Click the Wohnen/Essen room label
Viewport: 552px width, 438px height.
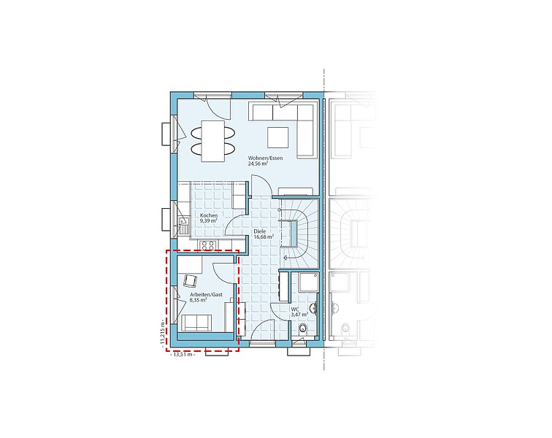[265, 158]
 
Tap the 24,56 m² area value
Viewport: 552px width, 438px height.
[258, 164]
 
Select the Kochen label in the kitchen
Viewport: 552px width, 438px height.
[209, 215]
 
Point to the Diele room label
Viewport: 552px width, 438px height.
[260, 231]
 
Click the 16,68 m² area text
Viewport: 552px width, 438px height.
[264, 237]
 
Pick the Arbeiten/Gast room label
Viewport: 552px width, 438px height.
[206, 295]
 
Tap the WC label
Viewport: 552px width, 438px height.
[295, 309]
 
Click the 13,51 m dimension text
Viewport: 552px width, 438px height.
[182, 355]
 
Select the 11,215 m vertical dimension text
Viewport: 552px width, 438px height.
[162, 333]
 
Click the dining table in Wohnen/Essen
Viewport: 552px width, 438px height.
[213, 141]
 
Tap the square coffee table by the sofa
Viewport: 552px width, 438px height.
[277, 138]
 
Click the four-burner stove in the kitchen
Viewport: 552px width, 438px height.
[207, 245]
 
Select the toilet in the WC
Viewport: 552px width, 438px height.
[302, 329]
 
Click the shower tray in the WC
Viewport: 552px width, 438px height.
[309, 282]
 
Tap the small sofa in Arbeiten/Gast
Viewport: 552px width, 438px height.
[196, 323]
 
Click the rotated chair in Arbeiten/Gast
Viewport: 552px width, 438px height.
[190, 280]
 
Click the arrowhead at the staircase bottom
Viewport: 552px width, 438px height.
[285, 258]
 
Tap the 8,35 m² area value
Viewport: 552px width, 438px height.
[198, 300]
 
